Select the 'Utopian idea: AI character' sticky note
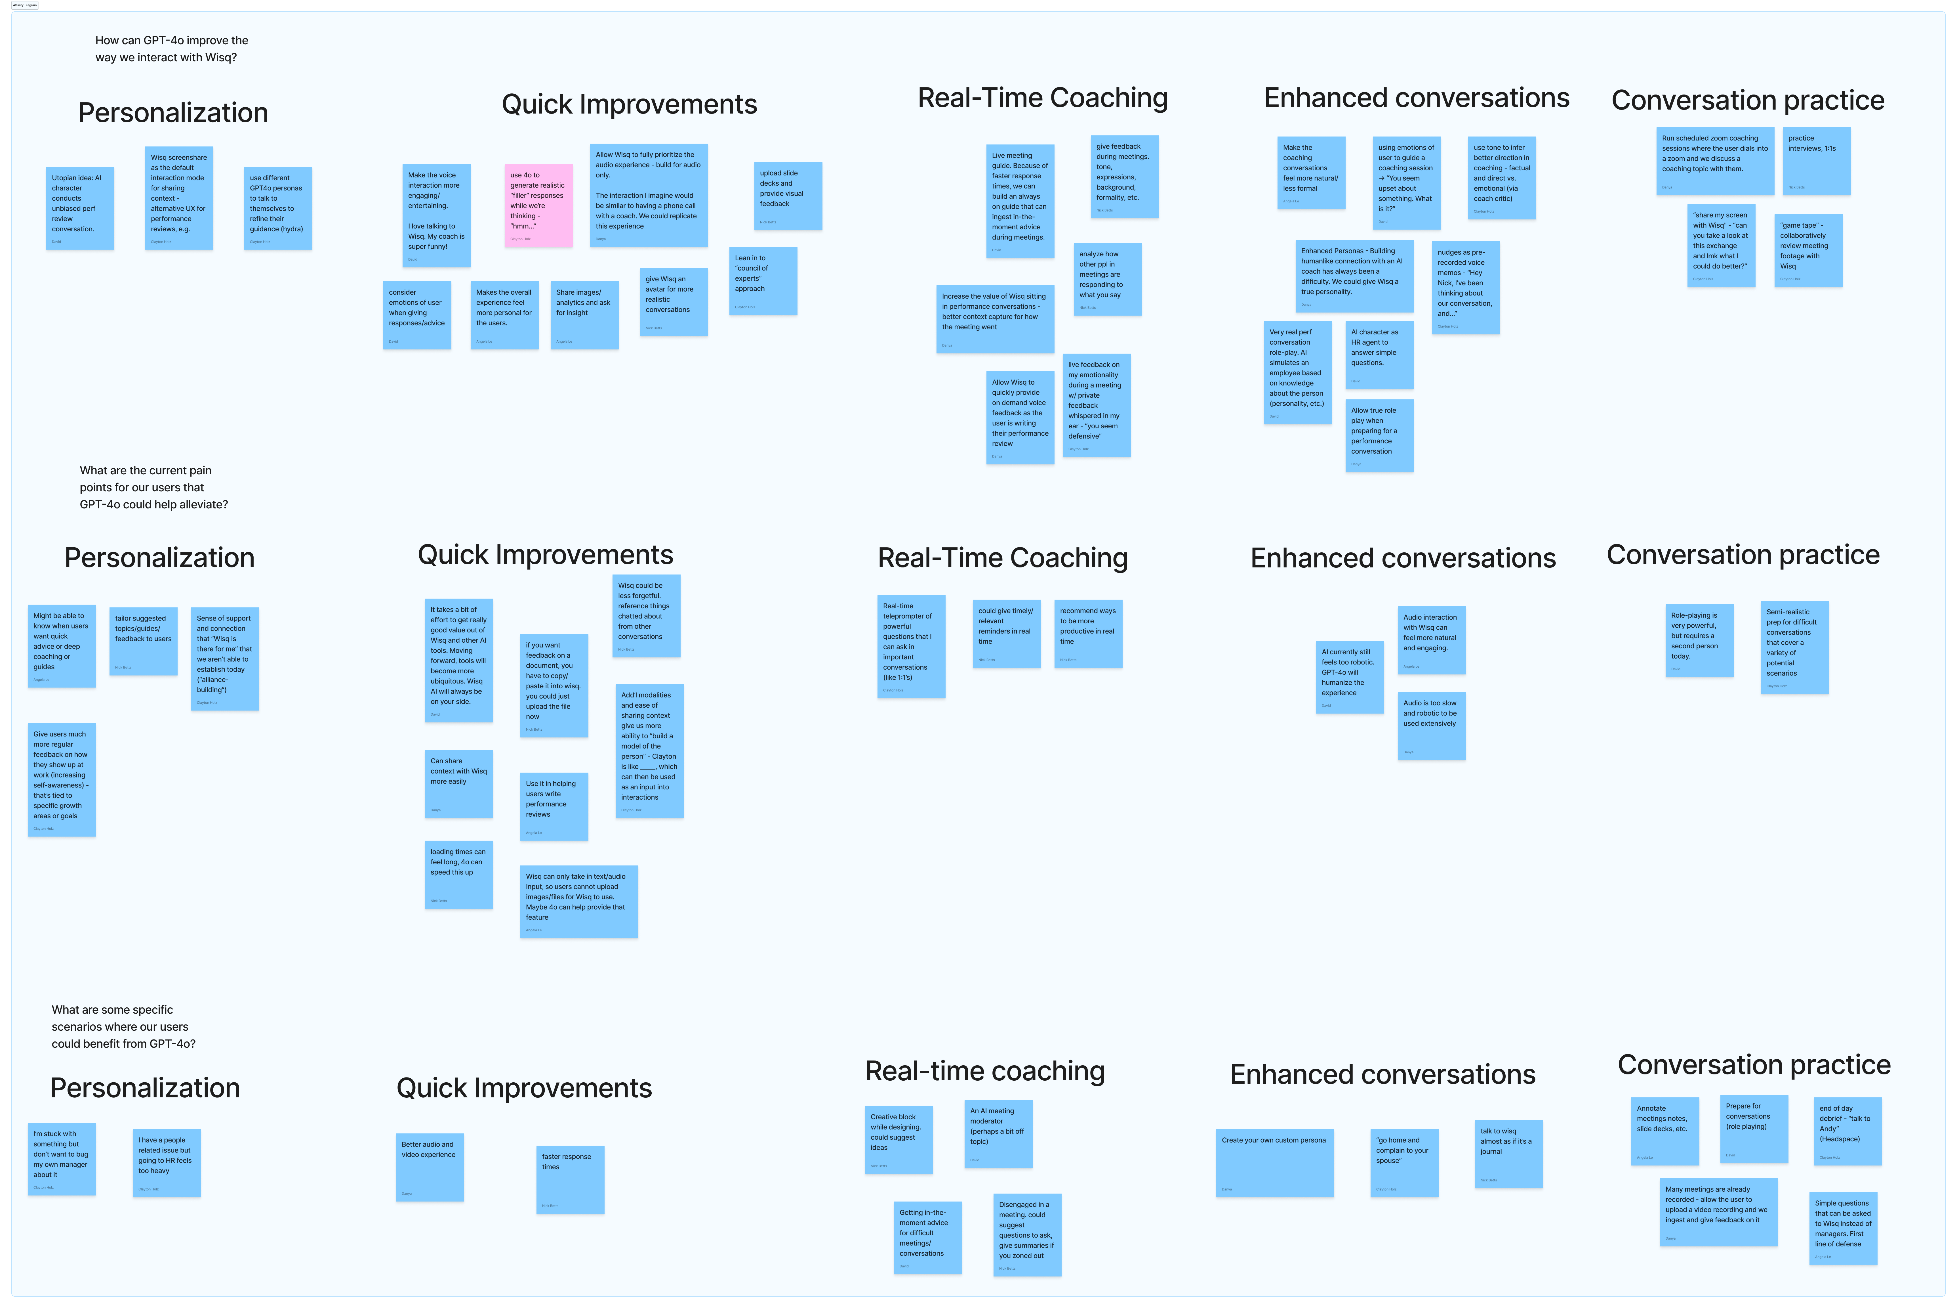point(80,208)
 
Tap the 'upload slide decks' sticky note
point(788,196)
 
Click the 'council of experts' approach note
point(763,280)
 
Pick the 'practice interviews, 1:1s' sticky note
point(1816,161)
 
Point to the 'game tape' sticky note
point(1808,250)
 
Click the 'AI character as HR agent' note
point(1379,355)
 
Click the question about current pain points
point(153,487)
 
